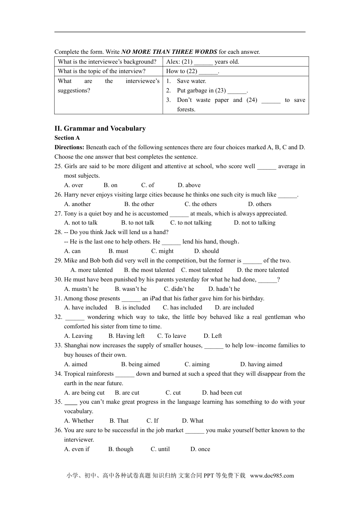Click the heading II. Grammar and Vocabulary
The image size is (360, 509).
[x=100, y=128]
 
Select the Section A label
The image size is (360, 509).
[x=67, y=138]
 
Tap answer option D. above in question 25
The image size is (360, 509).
[x=189, y=185]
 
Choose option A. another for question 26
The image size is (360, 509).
[x=77, y=204]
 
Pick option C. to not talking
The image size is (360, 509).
[x=191, y=223]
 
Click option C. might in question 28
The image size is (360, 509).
[x=162, y=251]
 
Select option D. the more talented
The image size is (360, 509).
[x=263, y=270]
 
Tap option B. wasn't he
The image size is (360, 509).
[x=130, y=289]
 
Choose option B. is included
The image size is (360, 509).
[x=133, y=308]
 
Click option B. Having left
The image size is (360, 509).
[x=126, y=336]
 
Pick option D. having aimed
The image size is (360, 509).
[x=261, y=364]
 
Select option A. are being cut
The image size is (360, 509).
[x=84, y=393]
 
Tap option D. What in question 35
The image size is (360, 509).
[x=193, y=421]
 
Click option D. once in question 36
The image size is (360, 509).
[x=200, y=449]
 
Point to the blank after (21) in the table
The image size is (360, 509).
[x=203, y=62]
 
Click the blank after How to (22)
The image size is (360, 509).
[x=208, y=72]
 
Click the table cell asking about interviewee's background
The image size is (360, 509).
[x=107, y=62]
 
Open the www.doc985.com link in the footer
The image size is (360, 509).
[x=272, y=476]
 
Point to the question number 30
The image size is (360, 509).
[x=58, y=279]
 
